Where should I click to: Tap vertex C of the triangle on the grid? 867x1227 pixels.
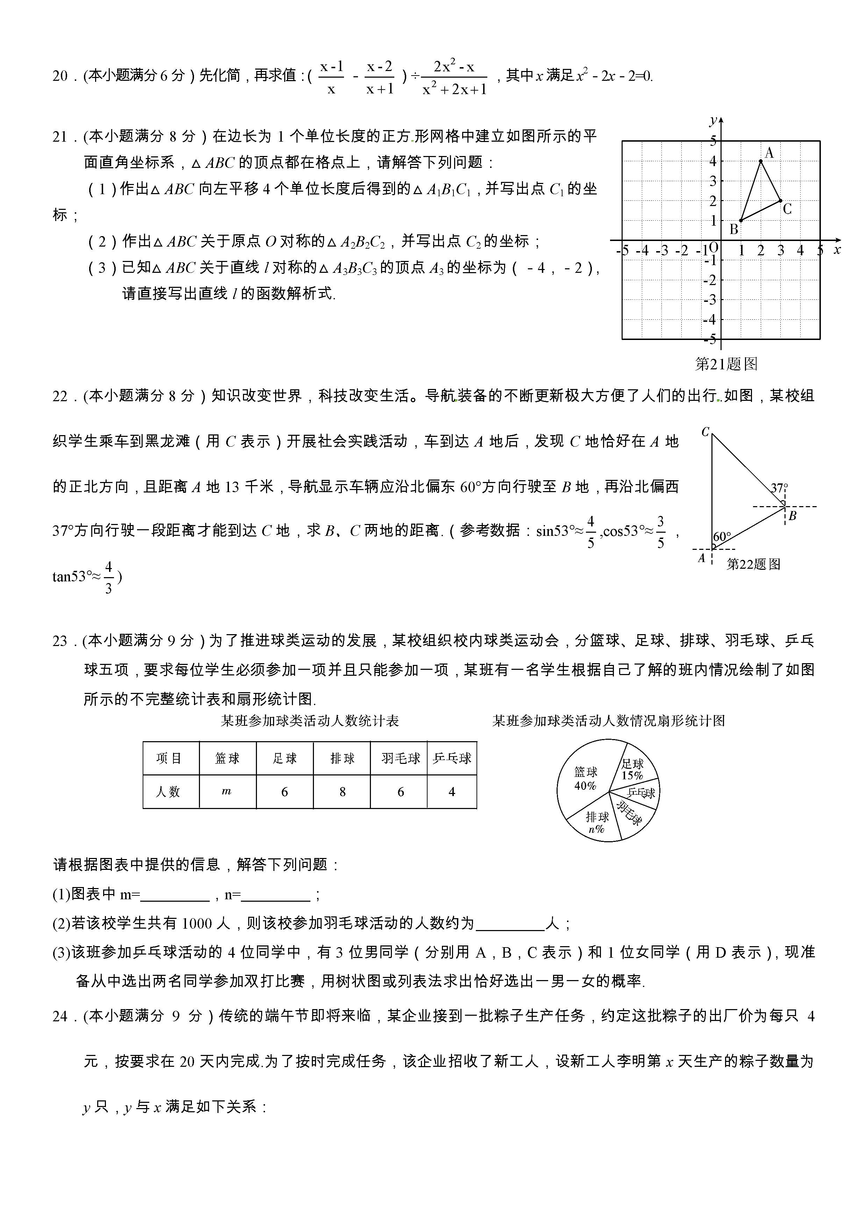pyautogui.click(x=780, y=200)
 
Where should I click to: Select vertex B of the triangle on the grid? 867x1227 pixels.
pyautogui.click(x=741, y=220)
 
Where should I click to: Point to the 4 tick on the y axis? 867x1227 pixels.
pyautogui.click(x=712, y=161)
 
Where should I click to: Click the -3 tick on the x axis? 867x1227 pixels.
pyautogui.click(x=662, y=250)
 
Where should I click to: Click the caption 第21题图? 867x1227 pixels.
pyautogui.click(x=726, y=364)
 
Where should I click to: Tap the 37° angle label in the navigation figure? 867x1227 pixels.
pyautogui.click(x=779, y=487)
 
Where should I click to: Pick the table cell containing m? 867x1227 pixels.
pyautogui.click(x=227, y=792)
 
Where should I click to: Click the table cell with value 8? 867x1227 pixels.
pyautogui.click(x=342, y=792)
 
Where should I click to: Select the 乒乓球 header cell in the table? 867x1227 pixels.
pyautogui.click(x=452, y=758)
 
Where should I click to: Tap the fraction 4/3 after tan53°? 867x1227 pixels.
pyautogui.click(x=108, y=577)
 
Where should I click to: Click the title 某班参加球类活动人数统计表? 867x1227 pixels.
pyautogui.click(x=310, y=721)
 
